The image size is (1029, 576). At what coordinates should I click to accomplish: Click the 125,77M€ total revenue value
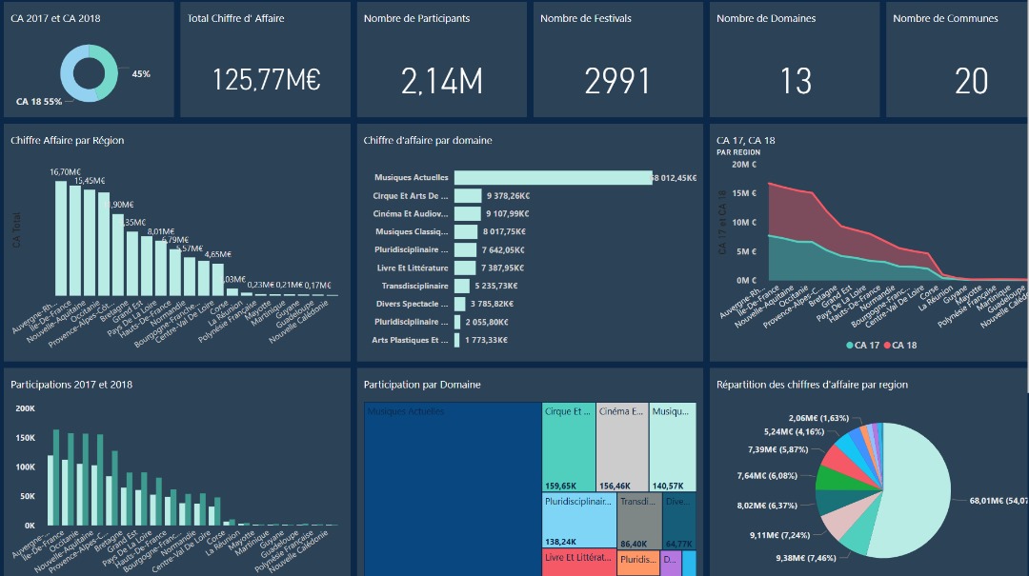click(266, 81)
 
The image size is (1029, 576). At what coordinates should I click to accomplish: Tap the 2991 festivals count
click(617, 82)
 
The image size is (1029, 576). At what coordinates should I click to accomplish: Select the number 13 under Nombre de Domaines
click(796, 82)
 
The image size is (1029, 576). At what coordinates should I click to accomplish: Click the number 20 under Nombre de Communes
click(971, 82)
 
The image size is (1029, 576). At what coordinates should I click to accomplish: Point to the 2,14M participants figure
click(441, 82)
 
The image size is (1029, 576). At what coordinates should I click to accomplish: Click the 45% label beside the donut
click(141, 74)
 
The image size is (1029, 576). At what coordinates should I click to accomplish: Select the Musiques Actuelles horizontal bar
click(553, 178)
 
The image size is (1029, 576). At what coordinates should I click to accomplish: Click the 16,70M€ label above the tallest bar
click(65, 172)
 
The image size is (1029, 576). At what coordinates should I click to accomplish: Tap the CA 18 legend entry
click(900, 345)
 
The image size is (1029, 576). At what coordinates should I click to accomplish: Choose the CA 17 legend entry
click(861, 345)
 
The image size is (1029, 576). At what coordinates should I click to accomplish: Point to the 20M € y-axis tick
click(743, 165)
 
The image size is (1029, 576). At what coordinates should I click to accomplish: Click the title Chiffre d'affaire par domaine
click(428, 141)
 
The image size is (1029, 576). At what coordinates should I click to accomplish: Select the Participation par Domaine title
click(422, 385)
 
